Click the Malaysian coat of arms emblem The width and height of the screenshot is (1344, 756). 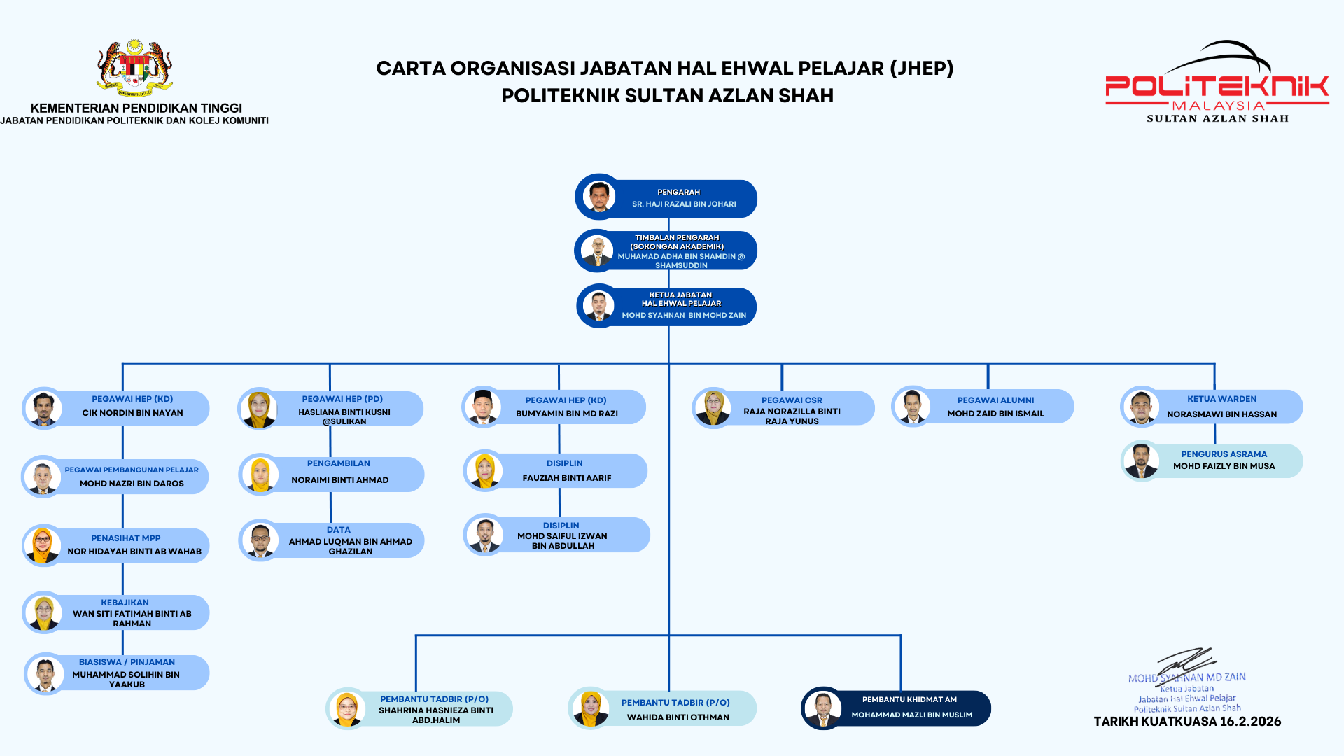point(135,68)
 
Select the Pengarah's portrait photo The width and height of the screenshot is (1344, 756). point(599,197)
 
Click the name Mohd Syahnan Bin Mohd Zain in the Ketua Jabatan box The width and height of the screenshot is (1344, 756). point(684,316)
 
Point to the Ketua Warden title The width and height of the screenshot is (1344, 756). point(1221,399)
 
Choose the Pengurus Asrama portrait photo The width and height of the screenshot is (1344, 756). point(1141,461)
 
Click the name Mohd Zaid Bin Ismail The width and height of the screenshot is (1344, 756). point(995,414)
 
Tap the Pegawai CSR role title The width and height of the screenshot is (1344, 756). point(792,400)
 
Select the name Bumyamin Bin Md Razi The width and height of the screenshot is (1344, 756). point(566,414)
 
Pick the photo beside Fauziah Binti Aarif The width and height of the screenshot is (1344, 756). point(484,470)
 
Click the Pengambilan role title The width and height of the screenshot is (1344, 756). point(338,463)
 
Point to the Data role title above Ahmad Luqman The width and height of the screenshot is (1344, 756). point(338,530)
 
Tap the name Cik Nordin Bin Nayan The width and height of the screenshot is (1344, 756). point(132,413)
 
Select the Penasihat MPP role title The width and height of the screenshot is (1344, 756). point(126,538)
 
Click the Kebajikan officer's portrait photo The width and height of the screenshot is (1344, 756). point(43,613)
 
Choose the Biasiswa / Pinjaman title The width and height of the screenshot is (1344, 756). point(127,662)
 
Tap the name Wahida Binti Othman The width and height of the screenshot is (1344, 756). point(678,717)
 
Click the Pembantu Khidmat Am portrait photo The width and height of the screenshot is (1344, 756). point(822,708)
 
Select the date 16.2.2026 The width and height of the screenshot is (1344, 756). point(1249,722)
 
